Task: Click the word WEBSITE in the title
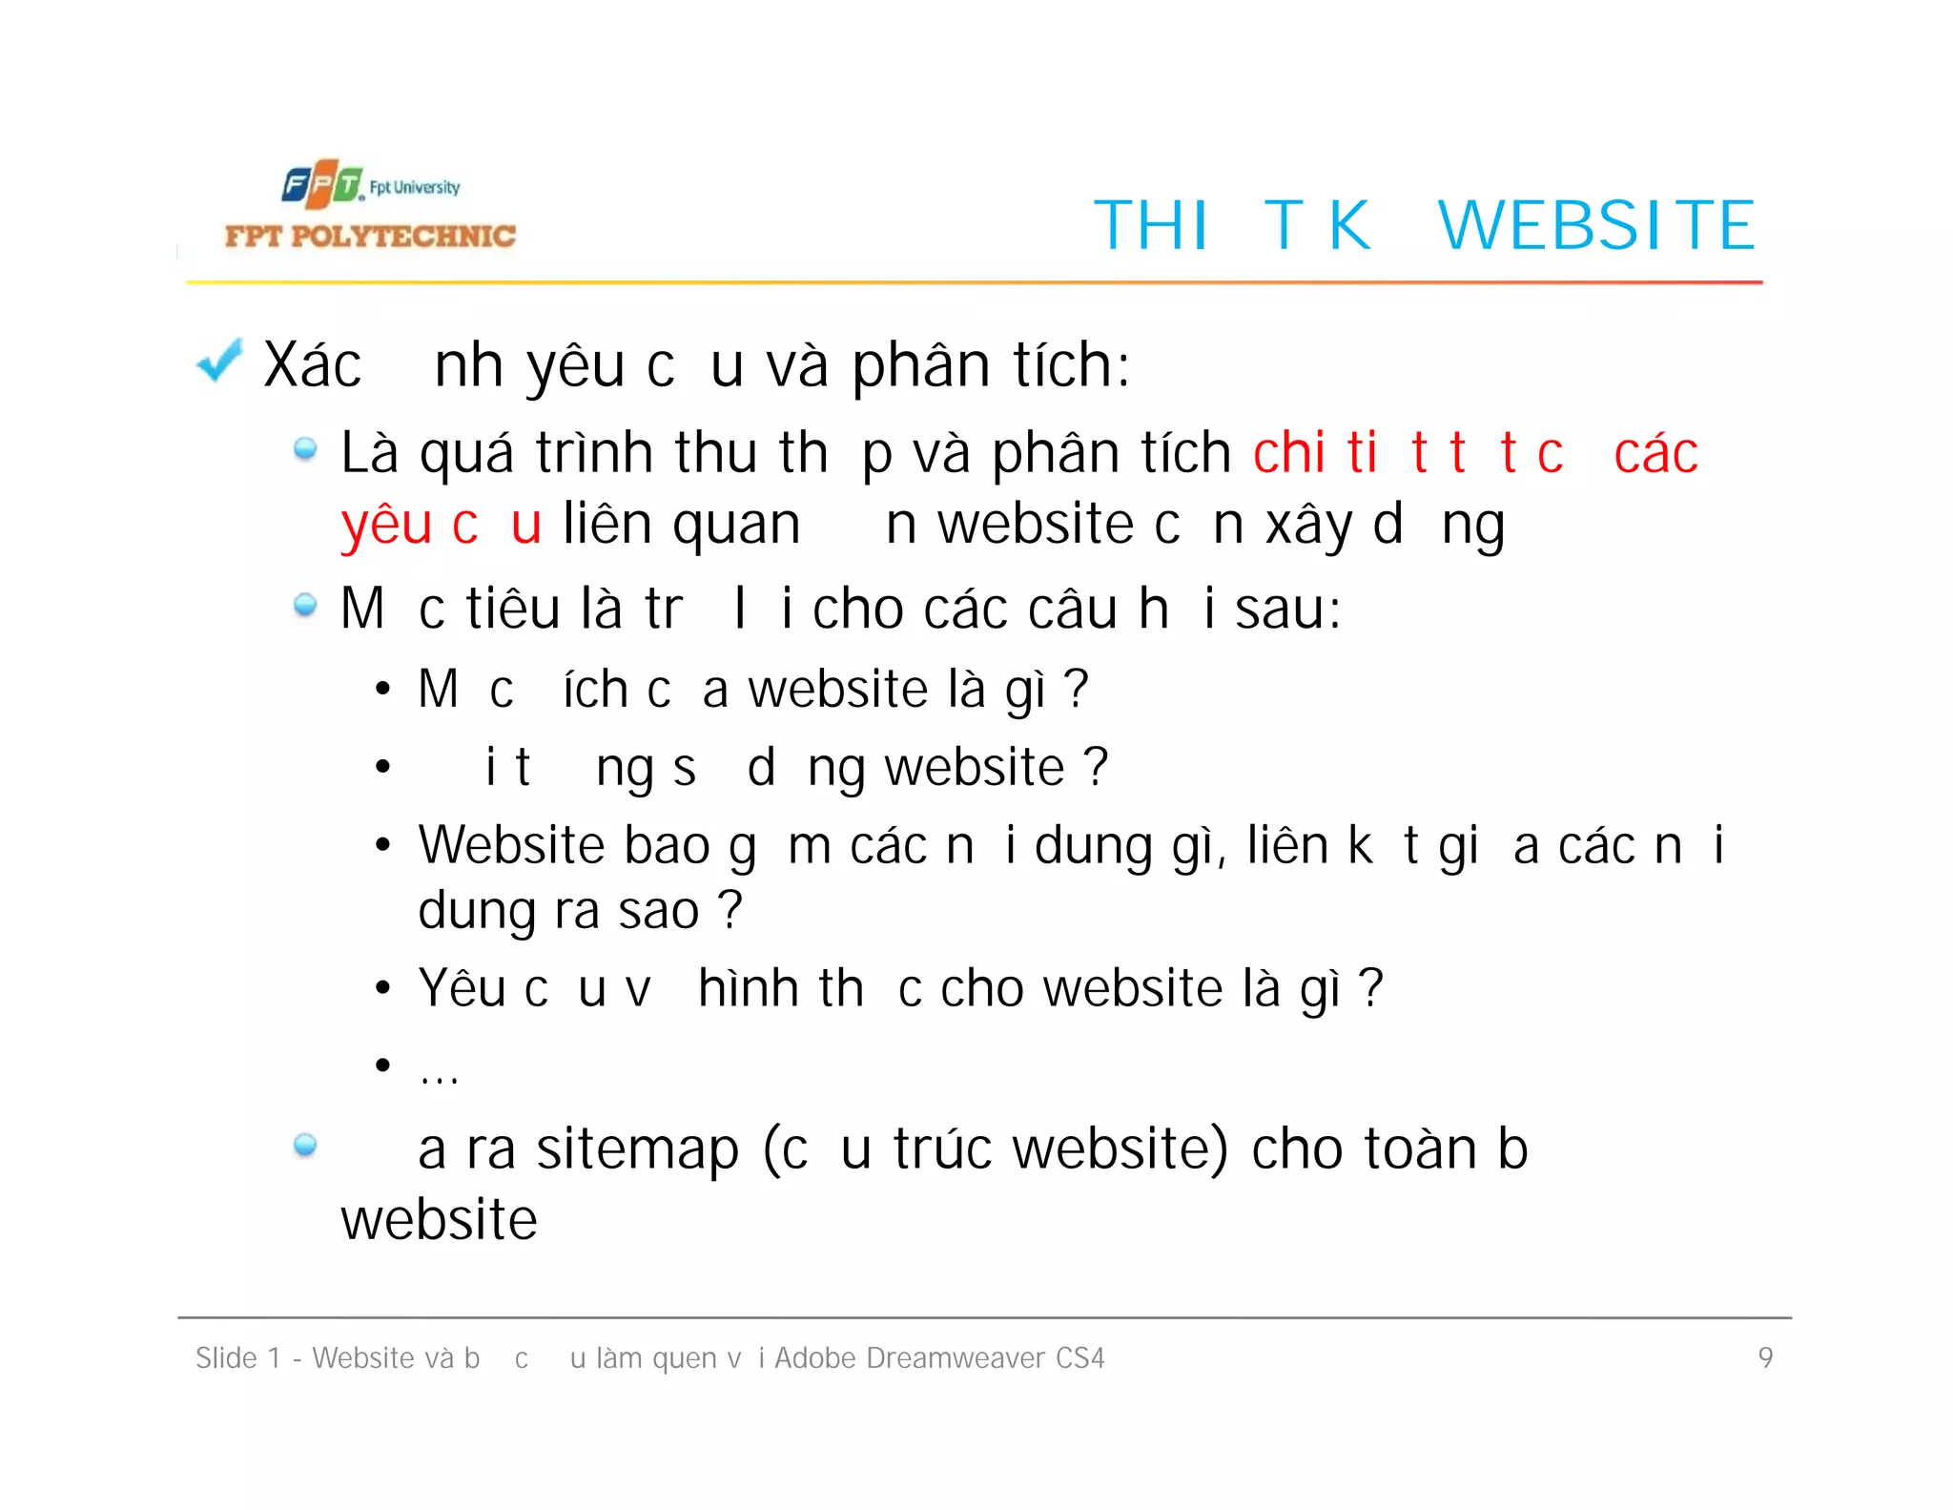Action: coord(1595,226)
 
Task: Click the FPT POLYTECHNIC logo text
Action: coord(370,236)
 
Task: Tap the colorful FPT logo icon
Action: coord(322,184)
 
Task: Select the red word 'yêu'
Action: coord(386,526)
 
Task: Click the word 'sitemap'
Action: coord(637,1148)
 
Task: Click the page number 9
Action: coord(1765,1356)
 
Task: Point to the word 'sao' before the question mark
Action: coord(659,911)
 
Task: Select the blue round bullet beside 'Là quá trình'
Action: coord(305,448)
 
